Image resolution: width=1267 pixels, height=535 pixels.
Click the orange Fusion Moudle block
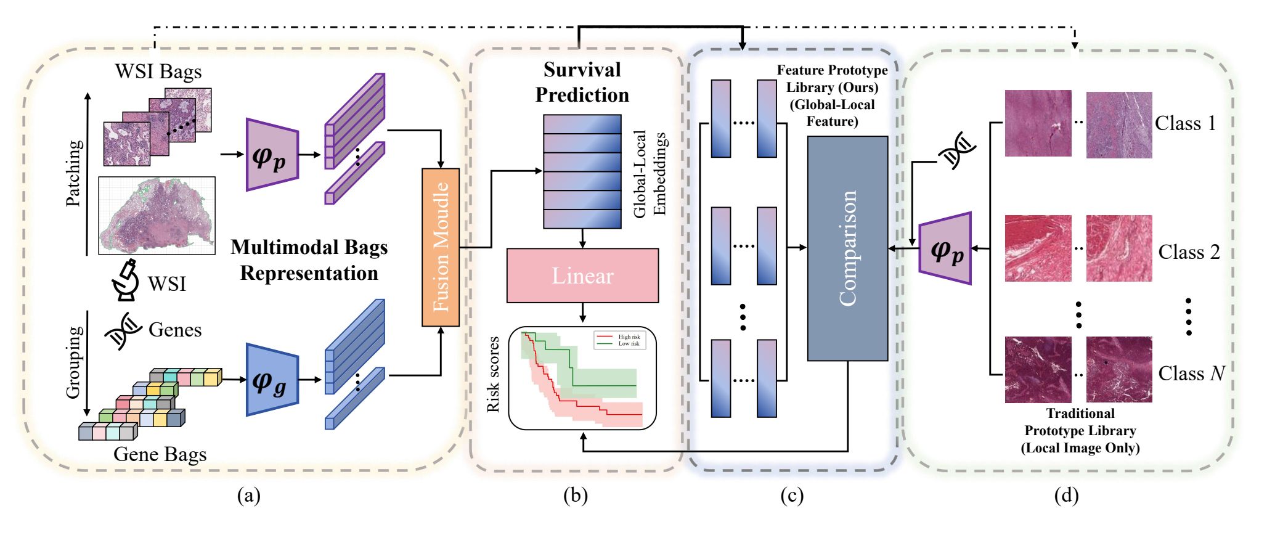pos(441,247)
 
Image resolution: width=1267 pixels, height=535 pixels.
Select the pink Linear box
pos(582,276)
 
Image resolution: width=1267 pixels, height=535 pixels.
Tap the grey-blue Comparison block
pos(847,248)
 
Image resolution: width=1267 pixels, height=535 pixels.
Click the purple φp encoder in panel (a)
pos(272,155)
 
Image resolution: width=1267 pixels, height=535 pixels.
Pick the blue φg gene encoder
pos(272,380)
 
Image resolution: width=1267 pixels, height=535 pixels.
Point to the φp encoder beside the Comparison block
pos(945,248)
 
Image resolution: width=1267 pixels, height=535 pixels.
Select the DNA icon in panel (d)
pos(957,150)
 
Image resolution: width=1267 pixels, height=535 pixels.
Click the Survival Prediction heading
pos(582,82)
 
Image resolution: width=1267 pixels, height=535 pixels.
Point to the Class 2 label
pos(1189,252)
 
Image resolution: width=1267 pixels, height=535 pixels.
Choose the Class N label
pos(1191,374)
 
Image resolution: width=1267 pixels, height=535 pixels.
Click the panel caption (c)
pos(791,496)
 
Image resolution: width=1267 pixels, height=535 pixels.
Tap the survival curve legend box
pos(620,340)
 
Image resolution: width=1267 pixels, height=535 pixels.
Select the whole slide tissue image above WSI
pos(157,216)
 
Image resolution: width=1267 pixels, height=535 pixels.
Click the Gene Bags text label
pos(160,454)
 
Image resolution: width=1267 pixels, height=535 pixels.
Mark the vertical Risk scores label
pos(493,374)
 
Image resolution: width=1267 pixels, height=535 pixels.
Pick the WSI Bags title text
pos(158,71)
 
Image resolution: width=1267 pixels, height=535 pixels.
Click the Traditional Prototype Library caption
pos(1080,431)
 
